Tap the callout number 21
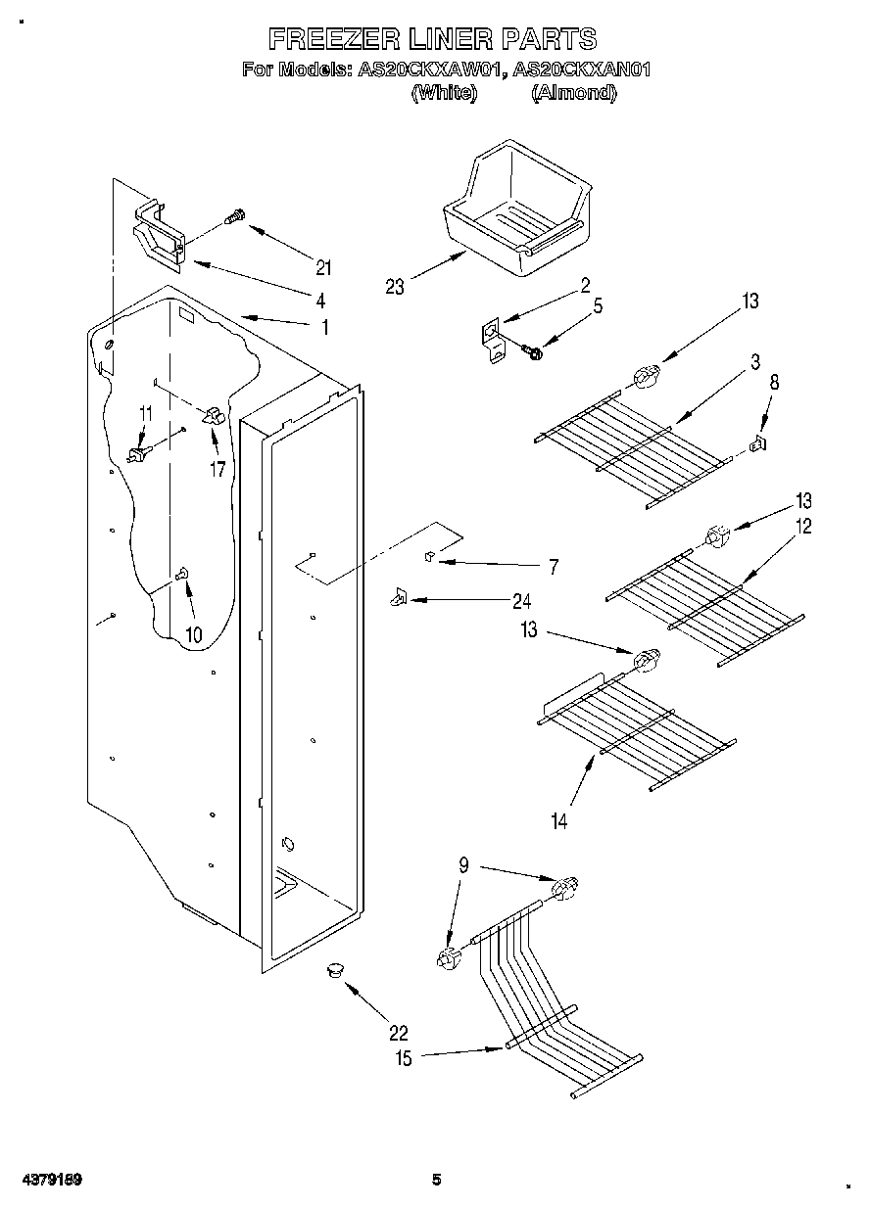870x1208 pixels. pyautogui.click(x=323, y=267)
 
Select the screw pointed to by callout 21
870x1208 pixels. pyautogui.click(x=236, y=216)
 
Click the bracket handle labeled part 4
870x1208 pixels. pyautogui.click(x=158, y=236)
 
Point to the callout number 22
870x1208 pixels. pyautogui.click(x=398, y=1032)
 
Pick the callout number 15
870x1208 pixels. pyautogui.click(x=403, y=1057)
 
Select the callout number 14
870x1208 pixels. pyautogui.click(x=558, y=821)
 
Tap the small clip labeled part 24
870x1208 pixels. pyautogui.click(x=397, y=596)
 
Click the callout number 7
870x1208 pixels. pyautogui.click(x=554, y=566)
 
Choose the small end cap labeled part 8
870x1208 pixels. pyautogui.click(x=757, y=445)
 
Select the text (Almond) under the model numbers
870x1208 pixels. pyautogui.click(x=573, y=93)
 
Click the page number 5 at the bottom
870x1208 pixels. pyautogui.click(x=438, y=1180)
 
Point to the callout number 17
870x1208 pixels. pyautogui.click(x=217, y=469)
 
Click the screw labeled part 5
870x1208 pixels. pyautogui.click(x=532, y=348)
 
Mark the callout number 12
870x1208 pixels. pyautogui.click(x=802, y=526)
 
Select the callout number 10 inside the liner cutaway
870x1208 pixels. pyautogui.click(x=193, y=634)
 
